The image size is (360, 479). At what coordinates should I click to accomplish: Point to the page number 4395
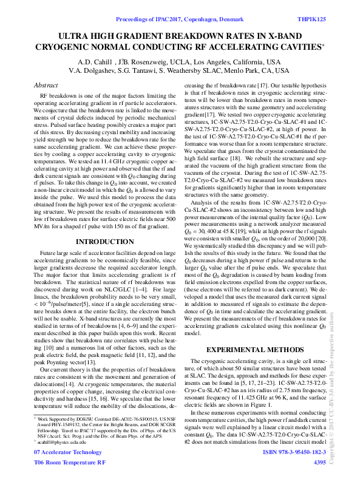(319, 462)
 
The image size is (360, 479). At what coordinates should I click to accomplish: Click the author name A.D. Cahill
(95, 62)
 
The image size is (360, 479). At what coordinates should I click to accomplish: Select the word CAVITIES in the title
(303, 46)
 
